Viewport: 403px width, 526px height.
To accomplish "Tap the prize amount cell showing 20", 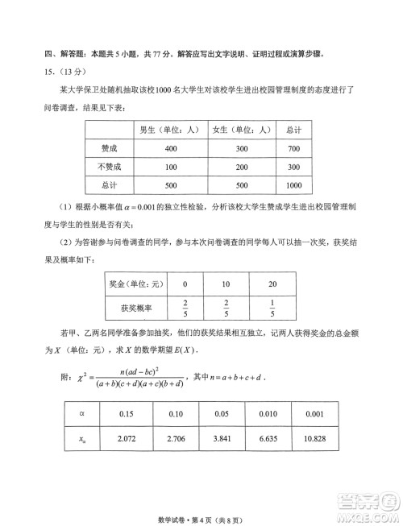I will pos(272,284).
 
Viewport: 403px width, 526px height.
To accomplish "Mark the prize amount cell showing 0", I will pos(185,284).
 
